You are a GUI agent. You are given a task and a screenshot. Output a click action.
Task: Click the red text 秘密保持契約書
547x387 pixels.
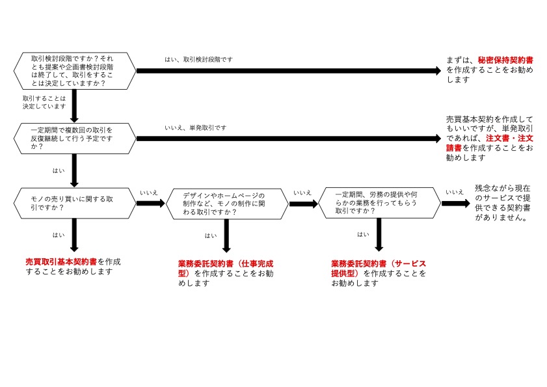click(505, 60)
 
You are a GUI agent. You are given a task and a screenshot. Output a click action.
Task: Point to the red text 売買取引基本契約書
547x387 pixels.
click(61, 261)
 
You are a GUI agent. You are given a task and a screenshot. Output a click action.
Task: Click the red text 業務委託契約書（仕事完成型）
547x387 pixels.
click(225, 269)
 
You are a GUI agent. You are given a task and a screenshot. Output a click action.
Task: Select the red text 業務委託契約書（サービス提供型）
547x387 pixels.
click(379, 269)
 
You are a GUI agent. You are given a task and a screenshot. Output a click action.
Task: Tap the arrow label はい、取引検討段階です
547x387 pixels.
click(198, 60)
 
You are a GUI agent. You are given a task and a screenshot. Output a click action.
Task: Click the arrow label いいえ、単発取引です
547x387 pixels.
click(195, 127)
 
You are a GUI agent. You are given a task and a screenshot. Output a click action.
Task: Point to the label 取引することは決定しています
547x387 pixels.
click(44, 102)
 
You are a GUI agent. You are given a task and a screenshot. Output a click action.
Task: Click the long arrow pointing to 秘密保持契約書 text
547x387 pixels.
click(289, 71)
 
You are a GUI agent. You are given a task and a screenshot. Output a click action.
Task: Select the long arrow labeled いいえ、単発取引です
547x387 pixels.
click(289, 139)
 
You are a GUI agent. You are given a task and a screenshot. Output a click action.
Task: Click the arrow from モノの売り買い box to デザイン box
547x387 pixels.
click(151, 203)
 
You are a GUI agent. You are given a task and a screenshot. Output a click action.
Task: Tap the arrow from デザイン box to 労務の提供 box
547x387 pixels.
click(304, 204)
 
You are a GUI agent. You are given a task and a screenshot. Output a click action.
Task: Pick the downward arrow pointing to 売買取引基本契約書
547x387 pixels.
click(74, 235)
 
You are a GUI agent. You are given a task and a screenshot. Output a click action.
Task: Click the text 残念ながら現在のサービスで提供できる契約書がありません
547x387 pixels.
click(503, 203)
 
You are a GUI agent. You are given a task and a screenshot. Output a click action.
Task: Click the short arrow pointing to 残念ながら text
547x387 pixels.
click(456, 203)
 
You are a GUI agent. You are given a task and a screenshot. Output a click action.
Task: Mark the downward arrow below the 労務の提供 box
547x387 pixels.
click(379, 235)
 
